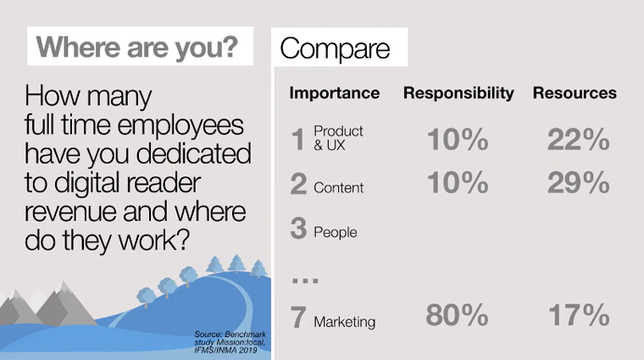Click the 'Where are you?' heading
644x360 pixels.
click(x=137, y=47)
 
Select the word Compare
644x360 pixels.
click(x=335, y=49)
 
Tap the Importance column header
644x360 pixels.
click(x=335, y=93)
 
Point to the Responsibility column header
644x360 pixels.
click(x=458, y=93)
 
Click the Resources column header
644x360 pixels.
click(x=575, y=93)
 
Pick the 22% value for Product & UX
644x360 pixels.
click(x=578, y=140)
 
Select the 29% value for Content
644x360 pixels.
click(x=578, y=183)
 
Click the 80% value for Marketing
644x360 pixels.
click(x=457, y=315)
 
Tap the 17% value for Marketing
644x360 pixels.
click(x=579, y=315)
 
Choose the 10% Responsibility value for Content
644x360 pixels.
click(x=458, y=183)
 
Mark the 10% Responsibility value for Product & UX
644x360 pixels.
click(x=458, y=140)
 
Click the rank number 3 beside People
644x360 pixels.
click(x=298, y=228)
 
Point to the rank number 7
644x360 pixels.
click(x=298, y=318)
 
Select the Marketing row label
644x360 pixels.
click(x=345, y=322)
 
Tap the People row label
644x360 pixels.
click(x=336, y=232)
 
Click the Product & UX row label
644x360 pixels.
click(x=338, y=138)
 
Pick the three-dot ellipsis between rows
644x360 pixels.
click(x=305, y=280)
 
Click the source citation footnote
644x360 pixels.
click(x=230, y=342)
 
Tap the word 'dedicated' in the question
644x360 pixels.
click(x=193, y=154)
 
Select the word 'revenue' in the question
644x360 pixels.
click(x=70, y=213)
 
